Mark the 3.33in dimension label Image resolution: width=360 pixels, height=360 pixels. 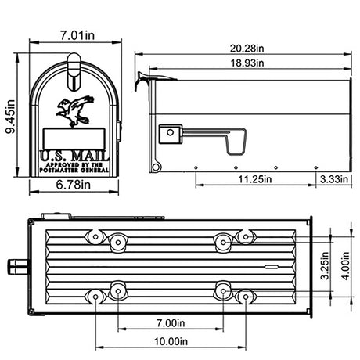pos(333,179)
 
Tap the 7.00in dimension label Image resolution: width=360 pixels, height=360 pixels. pos(170,322)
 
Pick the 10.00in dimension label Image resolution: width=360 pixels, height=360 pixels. pos(170,342)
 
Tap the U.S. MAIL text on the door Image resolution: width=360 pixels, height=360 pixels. pos(72,156)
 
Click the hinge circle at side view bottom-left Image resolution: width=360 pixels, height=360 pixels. pos(155,166)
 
